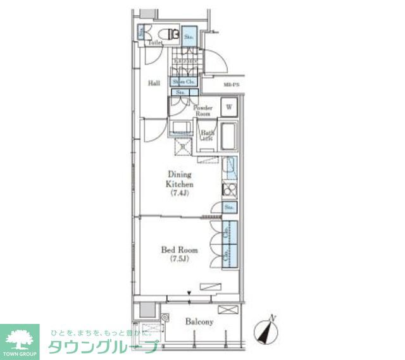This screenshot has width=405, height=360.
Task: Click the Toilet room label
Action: (x=156, y=43)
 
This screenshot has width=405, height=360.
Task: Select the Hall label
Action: (x=154, y=83)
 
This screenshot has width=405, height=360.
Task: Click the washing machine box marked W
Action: (x=228, y=108)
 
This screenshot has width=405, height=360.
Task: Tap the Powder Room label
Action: (x=203, y=111)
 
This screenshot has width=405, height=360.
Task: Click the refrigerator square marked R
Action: (x=183, y=147)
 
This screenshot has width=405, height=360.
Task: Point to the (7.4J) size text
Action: (x=180, y=194)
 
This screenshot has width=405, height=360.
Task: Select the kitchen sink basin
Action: (x=230, y=168)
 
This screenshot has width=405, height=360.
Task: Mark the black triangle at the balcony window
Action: (x=189, y=292)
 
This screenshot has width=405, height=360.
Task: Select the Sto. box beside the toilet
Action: (x=189, y=36)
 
